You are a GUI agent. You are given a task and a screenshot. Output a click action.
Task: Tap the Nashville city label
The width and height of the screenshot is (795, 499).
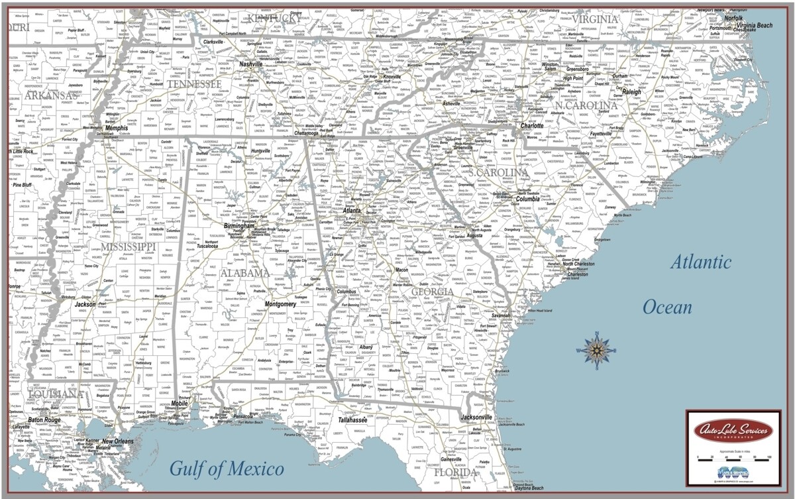(251, 64)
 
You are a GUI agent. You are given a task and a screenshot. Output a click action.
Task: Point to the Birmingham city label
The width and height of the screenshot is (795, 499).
(239, 226)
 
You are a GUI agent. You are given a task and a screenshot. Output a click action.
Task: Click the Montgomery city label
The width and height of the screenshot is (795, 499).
(280, 304)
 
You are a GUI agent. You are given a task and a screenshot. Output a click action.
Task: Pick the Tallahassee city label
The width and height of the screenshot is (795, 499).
(352, 419)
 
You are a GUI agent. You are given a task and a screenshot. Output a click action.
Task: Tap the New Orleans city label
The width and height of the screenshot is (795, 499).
(117, 441)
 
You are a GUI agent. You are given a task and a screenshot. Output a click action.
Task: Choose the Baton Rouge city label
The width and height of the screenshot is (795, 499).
(44, 420)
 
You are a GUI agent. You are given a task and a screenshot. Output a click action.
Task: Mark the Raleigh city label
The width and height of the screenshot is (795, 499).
(631, 92)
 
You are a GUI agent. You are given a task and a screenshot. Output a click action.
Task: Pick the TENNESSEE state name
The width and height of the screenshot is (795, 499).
(194, 84)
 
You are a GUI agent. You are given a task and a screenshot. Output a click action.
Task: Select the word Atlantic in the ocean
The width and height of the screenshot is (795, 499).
(701, 262)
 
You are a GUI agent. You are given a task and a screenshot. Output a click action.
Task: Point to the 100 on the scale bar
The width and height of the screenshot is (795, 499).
(768, 457)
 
